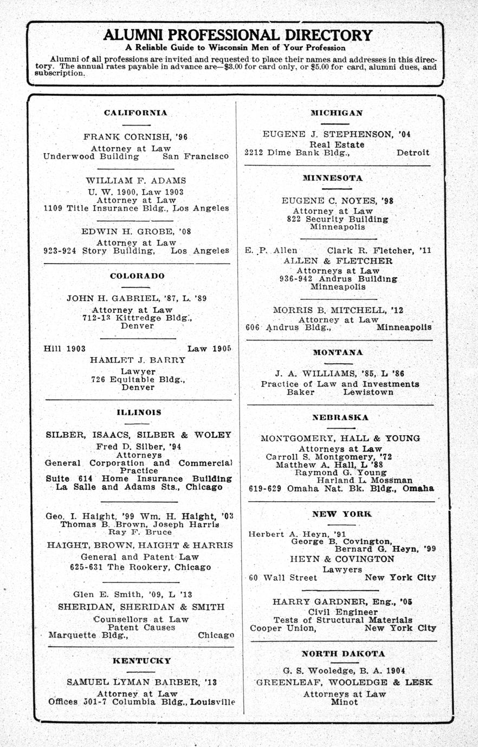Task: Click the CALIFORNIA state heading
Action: [135, 113]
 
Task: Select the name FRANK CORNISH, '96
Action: [135, 137]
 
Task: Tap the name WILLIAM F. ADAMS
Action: [135, 180]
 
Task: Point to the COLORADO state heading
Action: [137, 276]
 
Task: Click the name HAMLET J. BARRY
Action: [138, 360]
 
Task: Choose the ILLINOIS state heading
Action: [139, 412]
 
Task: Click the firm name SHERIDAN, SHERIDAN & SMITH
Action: [141, 607]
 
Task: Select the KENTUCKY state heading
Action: [141, 661]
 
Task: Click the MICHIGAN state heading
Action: [337, 113]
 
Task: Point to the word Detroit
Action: [413, 153]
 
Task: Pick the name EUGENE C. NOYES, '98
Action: [337, 200]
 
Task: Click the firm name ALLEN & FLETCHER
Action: [338, 261]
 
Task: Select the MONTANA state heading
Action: [338, 352]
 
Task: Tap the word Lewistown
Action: [368, 392]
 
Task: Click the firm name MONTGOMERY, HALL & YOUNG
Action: [340, 438]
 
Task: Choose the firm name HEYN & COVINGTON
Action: [342, 559]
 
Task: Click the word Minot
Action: [344, 702]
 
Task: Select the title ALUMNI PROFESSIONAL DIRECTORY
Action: [238, 35]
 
